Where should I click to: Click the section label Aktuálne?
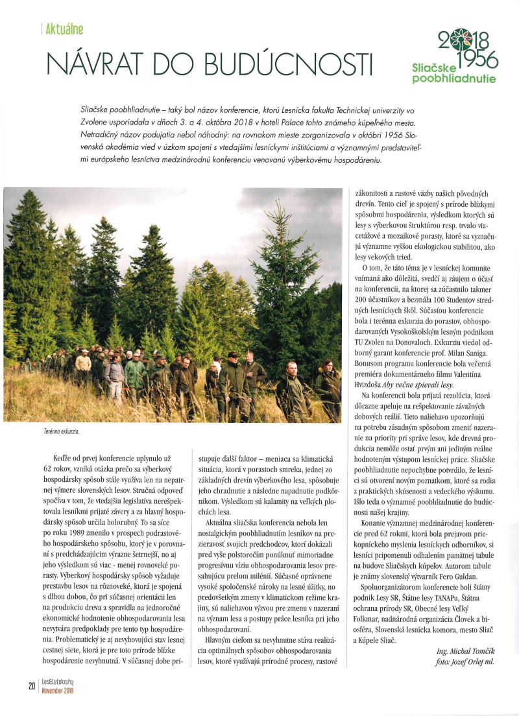point(64,29)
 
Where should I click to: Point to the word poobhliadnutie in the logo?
point(453,79)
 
